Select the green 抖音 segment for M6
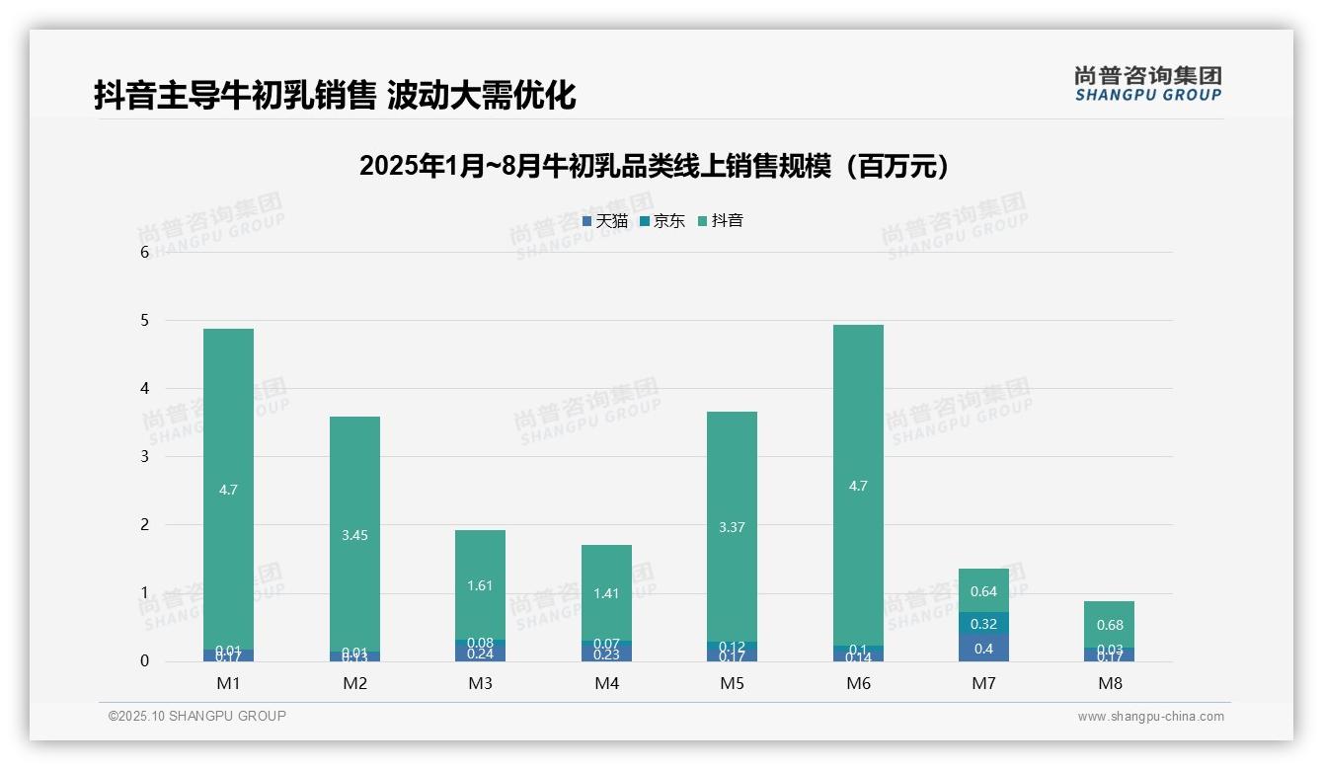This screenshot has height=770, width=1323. pos(858,415)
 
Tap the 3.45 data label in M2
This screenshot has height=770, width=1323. pos(354,535)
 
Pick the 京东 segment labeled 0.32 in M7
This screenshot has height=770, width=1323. pos(983,624)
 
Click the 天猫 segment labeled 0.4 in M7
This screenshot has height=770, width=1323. pos(983,649)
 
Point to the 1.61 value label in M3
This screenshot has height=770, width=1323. pos(480,585)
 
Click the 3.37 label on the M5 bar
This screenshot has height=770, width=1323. pos(732,527)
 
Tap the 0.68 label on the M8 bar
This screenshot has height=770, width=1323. pos(1110,625)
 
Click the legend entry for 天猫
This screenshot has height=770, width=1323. pos(605,221)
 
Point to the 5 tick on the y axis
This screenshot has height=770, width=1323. pos(144,321)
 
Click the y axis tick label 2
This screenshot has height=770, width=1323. pos(144,525)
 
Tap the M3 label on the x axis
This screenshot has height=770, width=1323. pos(481,683)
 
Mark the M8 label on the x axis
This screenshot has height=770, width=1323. pos(1110,683)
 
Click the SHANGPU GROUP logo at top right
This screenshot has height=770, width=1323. pos(1147,84)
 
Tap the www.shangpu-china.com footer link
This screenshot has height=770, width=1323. pos(1150,717)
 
